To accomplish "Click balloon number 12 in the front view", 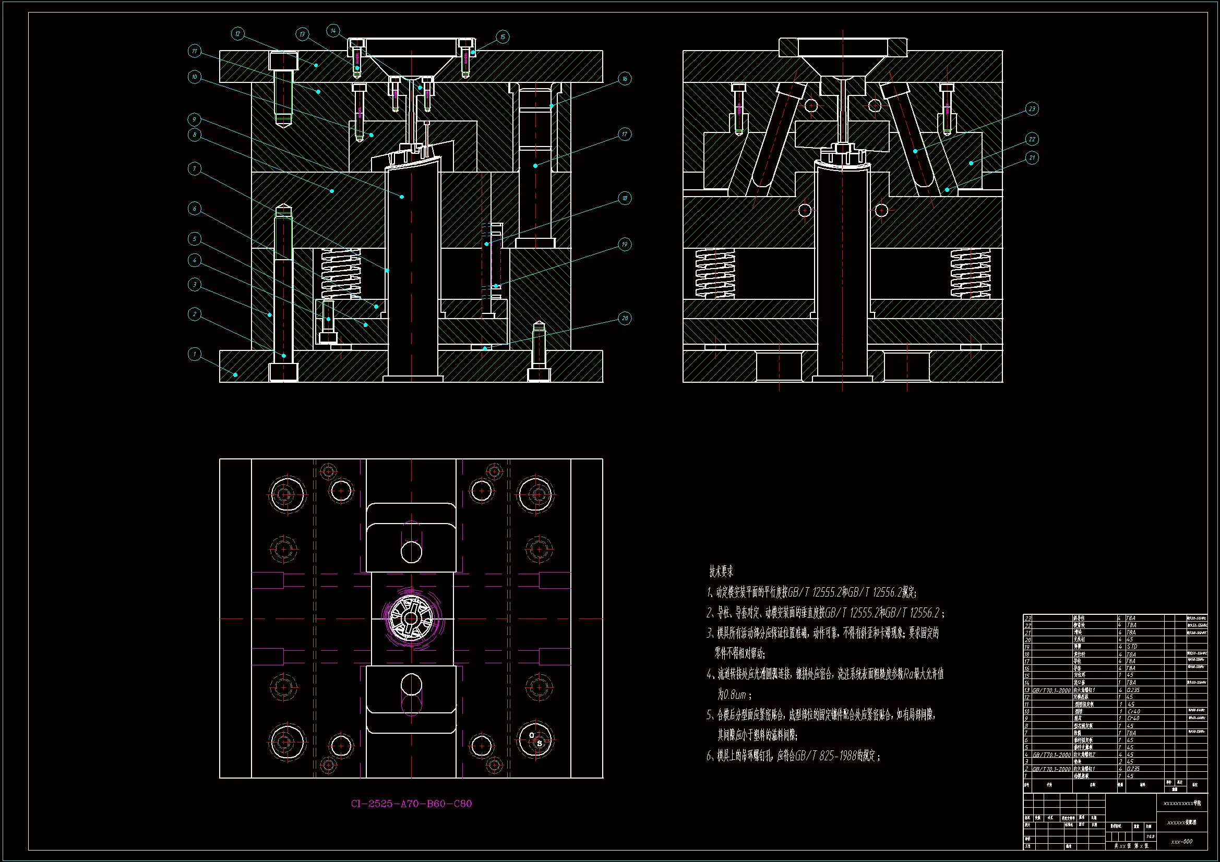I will click(x=237, y=34).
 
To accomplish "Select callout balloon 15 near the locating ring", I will click(x=503, y=37).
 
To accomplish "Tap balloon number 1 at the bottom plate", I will click(x=195, y=354).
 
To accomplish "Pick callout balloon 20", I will click(x=625, y=318).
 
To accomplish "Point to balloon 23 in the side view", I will click(x=1032, y=109).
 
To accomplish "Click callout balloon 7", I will click(x=195, y=169).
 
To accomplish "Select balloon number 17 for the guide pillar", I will click(x=625, y=134).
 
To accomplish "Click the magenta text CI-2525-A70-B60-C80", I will click(x=411, y=804).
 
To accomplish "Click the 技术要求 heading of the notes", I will click(x=721, y=572).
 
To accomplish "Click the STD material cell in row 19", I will click(x=1132, y=647).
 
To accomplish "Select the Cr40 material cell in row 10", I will click(x=1133, y=711).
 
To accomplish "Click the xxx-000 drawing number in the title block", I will click(x=1181, y=841).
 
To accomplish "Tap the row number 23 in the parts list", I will click(x=1027, y=618).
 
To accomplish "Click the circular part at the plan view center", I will click(x=411, y=618).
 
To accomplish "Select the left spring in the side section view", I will click(x=715, y=273).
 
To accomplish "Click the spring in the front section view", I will click(x=341, y=273).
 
